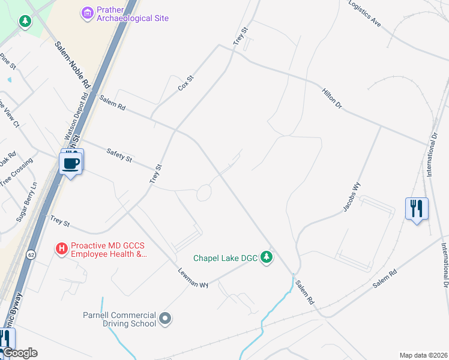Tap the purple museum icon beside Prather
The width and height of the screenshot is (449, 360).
pyautogui.click(x=88, y=12)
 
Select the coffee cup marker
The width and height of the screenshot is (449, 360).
pyautogui.click(x=71, y=163)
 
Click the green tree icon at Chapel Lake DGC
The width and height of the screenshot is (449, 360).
pyautogui.click(x=267, y=258)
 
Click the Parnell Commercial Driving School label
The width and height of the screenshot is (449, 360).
pyautogui.click(x=119, y=319)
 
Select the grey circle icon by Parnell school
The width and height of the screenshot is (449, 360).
pyautogui.click(x=166, y=318)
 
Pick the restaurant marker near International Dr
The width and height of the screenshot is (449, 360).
pyautogui.click(x=417, y=209)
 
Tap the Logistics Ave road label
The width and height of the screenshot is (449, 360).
pyautogui.click(x=365, y=14)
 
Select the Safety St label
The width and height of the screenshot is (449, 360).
pyautogui.click(x=119, y=155)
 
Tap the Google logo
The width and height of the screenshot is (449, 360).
pyautogui.click(x=19, y=353)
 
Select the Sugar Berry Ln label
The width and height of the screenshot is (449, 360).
pyautogui.click(x=27, y=202)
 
